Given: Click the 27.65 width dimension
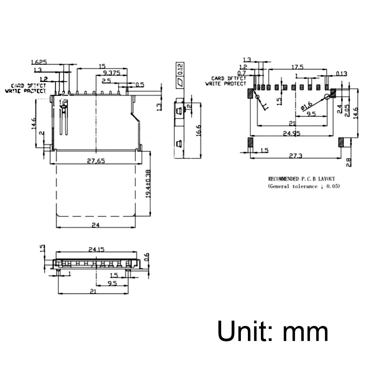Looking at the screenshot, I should point(96,161).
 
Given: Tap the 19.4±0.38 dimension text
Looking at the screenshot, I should point(148,183).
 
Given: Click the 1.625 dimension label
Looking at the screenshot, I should point(38,62).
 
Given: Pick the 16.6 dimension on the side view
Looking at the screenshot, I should point(199,130).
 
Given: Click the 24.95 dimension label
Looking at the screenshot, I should point(292,133).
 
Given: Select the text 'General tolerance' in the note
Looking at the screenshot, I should point(293,187).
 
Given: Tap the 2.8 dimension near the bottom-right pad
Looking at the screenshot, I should point(349,162).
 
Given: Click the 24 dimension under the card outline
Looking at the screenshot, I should point(96,225).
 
